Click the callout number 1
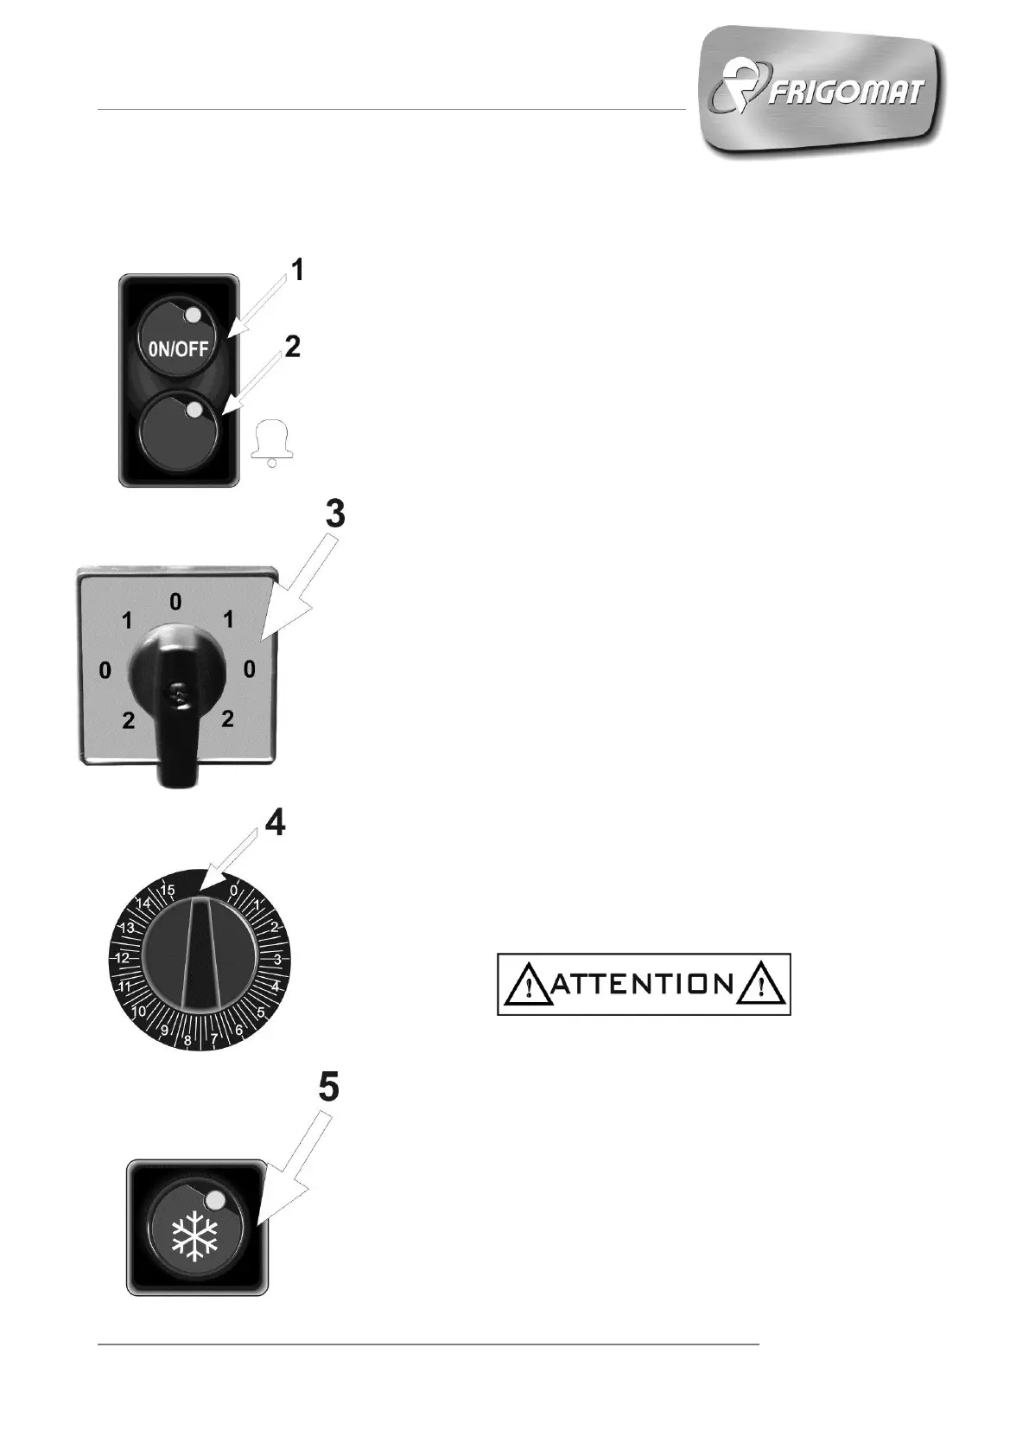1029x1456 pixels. click(296, 271)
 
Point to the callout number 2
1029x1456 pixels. click(293, 347)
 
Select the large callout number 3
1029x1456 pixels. click(334, 514)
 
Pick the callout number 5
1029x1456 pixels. click(328, 1087)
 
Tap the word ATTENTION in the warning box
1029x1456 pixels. click(644, 984)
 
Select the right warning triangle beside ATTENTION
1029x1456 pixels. click(760, 985)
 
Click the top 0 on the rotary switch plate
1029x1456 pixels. click(175, 602)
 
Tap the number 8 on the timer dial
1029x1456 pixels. click(188, 1041)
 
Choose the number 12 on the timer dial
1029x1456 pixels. click(122, 958)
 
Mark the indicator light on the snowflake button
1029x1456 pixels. click(215, 1200)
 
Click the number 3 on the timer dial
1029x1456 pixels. click(277, 959)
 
